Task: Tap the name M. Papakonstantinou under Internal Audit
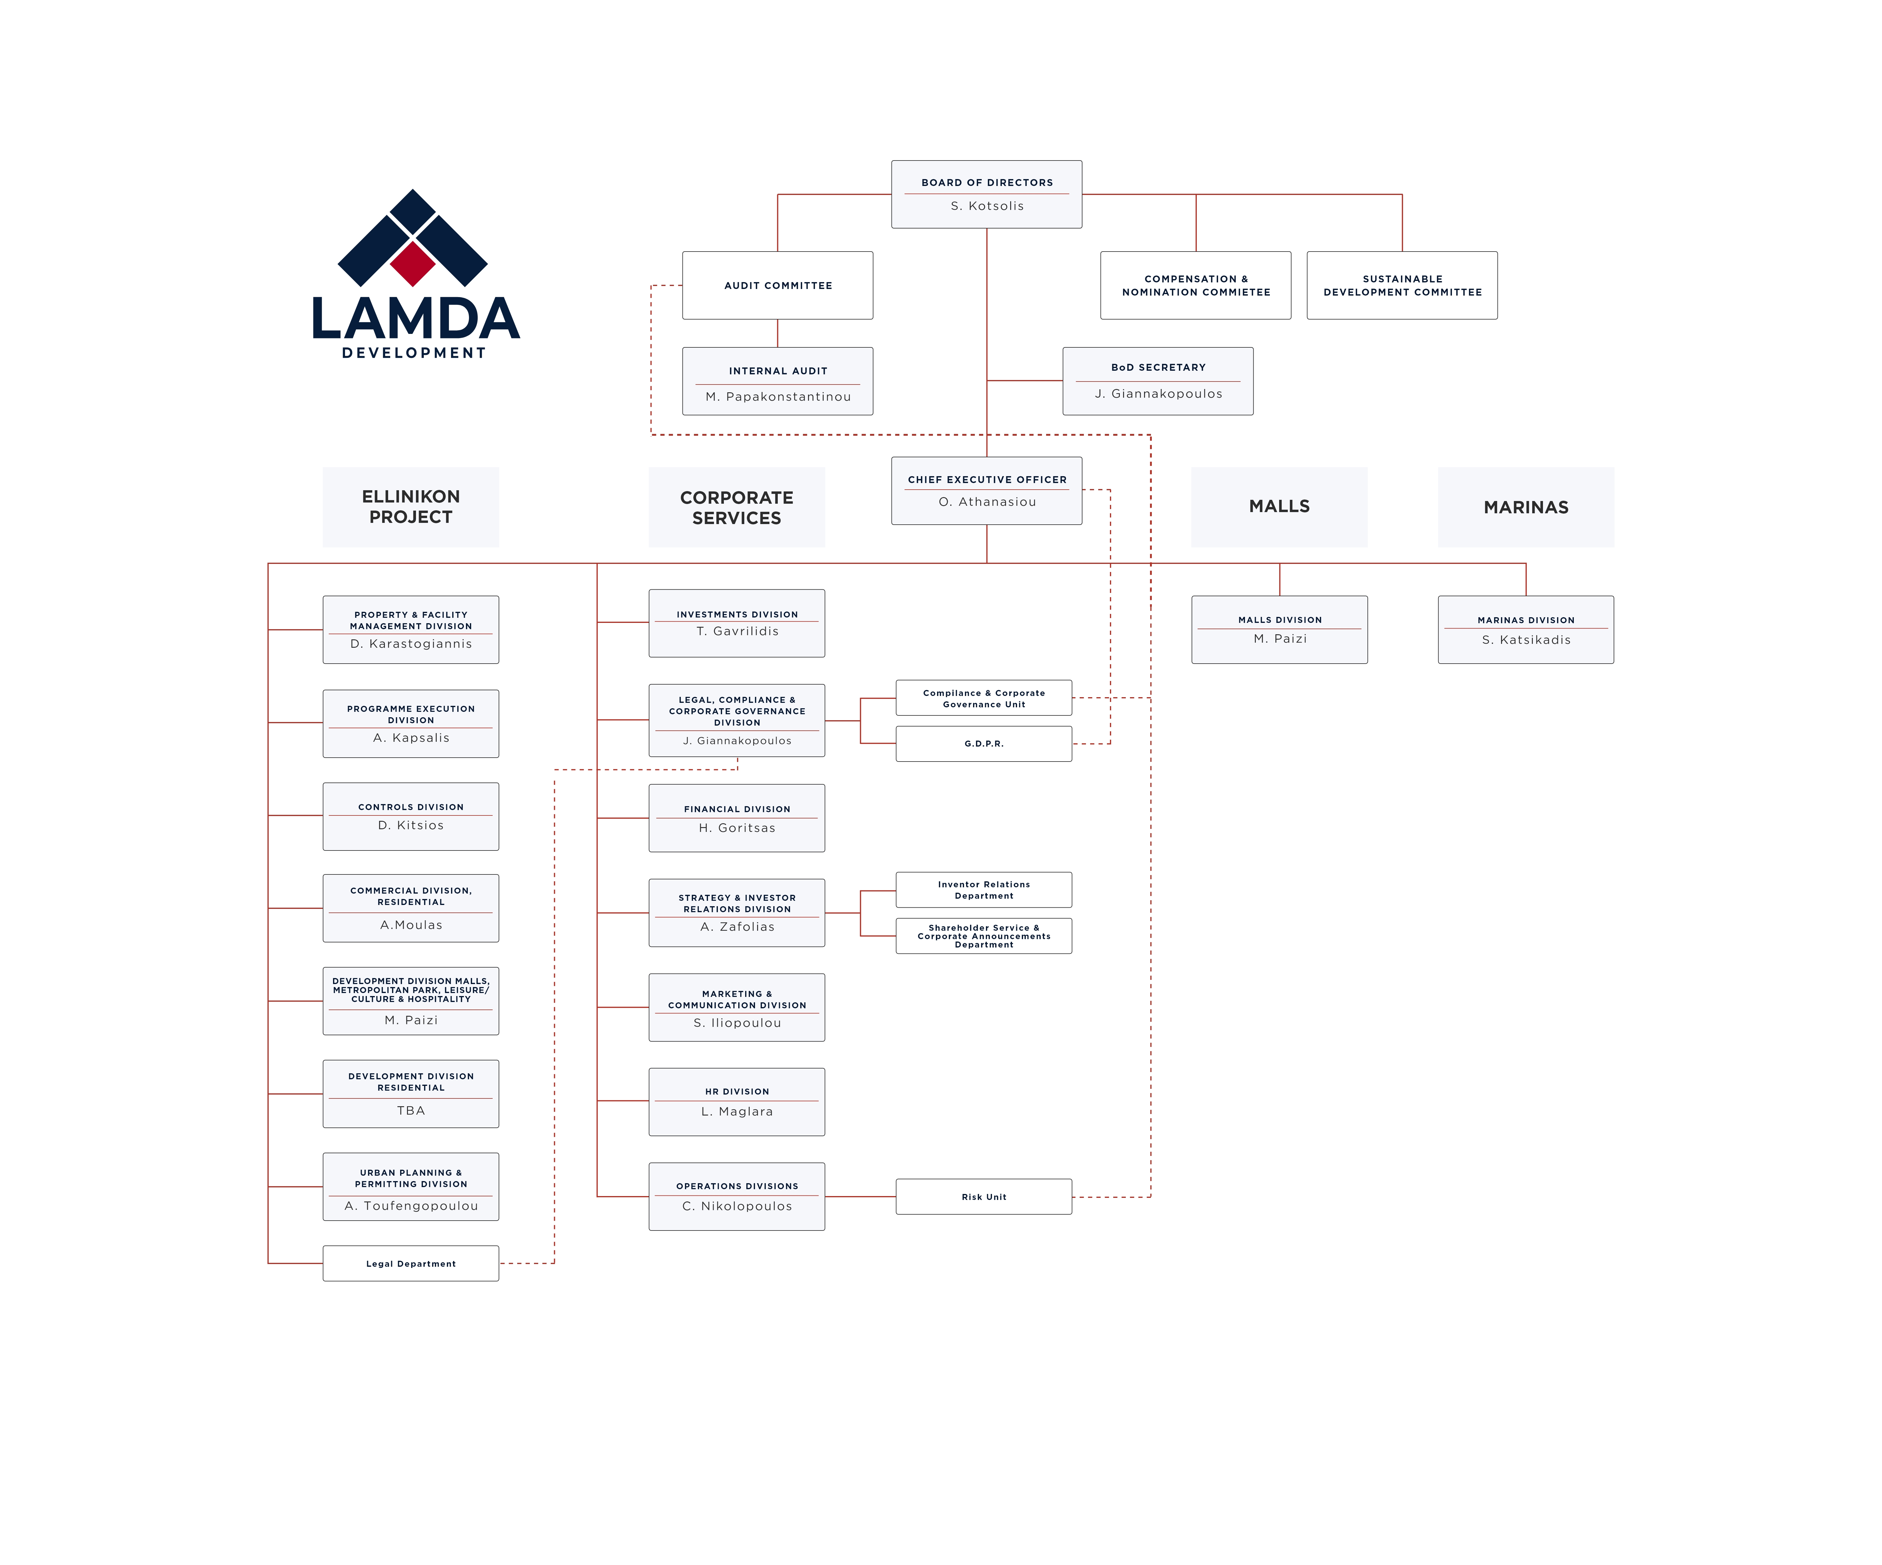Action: point(778,396)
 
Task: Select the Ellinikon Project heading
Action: point(411,506)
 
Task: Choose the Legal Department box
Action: point(411,1263)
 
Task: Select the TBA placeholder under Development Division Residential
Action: point(411,1110)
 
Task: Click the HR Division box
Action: point(737,1102)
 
